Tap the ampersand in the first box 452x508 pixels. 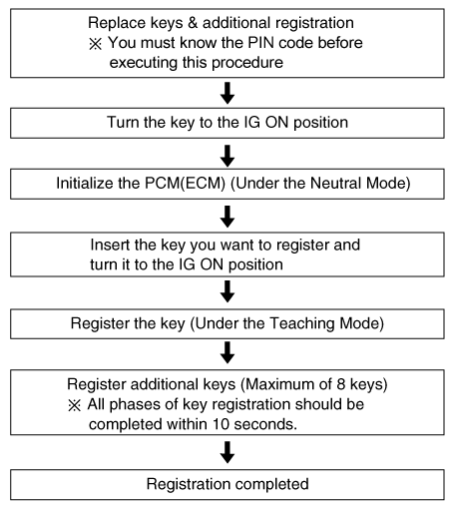[193, 23]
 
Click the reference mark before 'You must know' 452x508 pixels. [95, 44]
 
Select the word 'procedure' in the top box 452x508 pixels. [247, 63]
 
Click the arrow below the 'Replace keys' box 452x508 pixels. [227, 93]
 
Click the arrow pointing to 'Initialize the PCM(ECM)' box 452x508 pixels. [227, 156]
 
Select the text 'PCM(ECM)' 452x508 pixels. [186, 184]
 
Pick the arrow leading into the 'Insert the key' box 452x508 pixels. [227, 217]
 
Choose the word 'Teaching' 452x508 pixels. [301, 323]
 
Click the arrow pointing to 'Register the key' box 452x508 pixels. [227, 291]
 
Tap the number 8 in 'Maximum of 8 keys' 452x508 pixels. [340, 384]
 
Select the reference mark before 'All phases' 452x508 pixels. [75, 405]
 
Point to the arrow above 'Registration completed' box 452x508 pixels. [227, 452]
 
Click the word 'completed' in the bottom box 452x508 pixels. [272, 484]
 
